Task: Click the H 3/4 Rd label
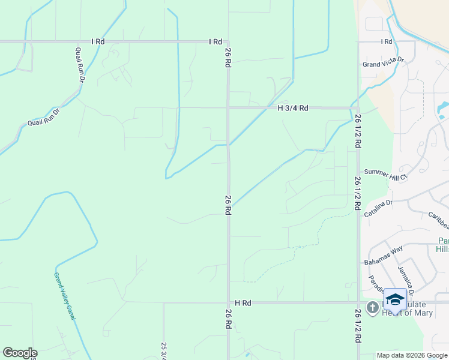click(293, 108)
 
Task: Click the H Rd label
click(243, 303)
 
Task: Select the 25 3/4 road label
click(164, 350)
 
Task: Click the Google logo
click(20, 353)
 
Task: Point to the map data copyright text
click(412, 355)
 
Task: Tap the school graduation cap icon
click(395, 299)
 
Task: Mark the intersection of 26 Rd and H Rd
click(228, 303)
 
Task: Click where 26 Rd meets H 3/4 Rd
click(228, 108)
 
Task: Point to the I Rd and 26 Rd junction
click(228, 42)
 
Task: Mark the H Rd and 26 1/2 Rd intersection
click(358, 303)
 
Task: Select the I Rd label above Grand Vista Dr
click(386, 41)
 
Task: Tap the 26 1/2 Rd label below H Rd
click(358, 326)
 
